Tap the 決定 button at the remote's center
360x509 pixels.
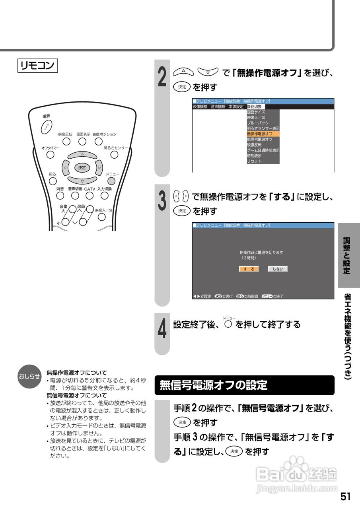coord(82,168)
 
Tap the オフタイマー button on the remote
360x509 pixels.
coord(51,155)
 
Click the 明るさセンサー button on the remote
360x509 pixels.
coord(114,155)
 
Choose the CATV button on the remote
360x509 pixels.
coord(90,195)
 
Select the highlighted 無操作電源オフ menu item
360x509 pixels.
coord(263,134)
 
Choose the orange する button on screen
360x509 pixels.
coord(249,269)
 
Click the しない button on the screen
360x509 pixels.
coord(277,269)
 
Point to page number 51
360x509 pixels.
coord(345,497)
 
